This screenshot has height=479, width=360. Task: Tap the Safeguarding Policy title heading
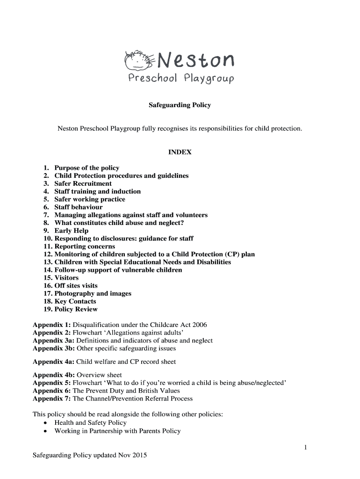(180, 105)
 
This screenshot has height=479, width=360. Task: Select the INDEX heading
(180, 152)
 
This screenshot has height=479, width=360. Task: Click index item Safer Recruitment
(83, 183)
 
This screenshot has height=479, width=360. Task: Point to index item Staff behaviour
(78, 207)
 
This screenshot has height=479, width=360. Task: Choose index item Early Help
(71, 231)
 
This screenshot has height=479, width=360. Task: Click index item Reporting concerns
(85, 246)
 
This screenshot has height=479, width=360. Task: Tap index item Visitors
(66, 278)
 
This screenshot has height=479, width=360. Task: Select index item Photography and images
(93, 293)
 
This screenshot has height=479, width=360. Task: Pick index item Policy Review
(76, 309)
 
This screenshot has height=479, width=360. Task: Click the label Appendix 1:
(51, 325)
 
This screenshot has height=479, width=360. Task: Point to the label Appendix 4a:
(53, 362)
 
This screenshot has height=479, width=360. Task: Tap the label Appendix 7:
(51, 399)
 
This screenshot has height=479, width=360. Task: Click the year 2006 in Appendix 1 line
(199, 325)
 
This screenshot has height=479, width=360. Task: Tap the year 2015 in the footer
(140, 455)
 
